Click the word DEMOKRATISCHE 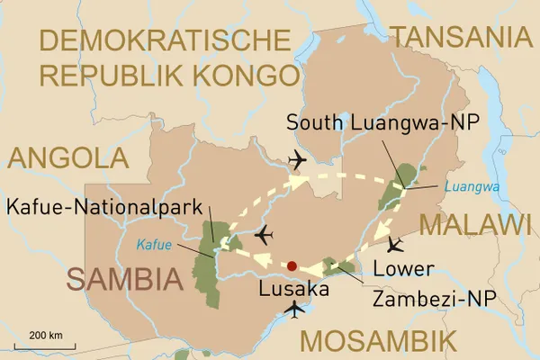coord(166,41)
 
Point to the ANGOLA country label coord(68,158)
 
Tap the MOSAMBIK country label coord(377,341)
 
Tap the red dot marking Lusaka coord(291,266)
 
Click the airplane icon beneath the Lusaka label coord(293,311)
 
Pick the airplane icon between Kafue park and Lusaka coord(263,236)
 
